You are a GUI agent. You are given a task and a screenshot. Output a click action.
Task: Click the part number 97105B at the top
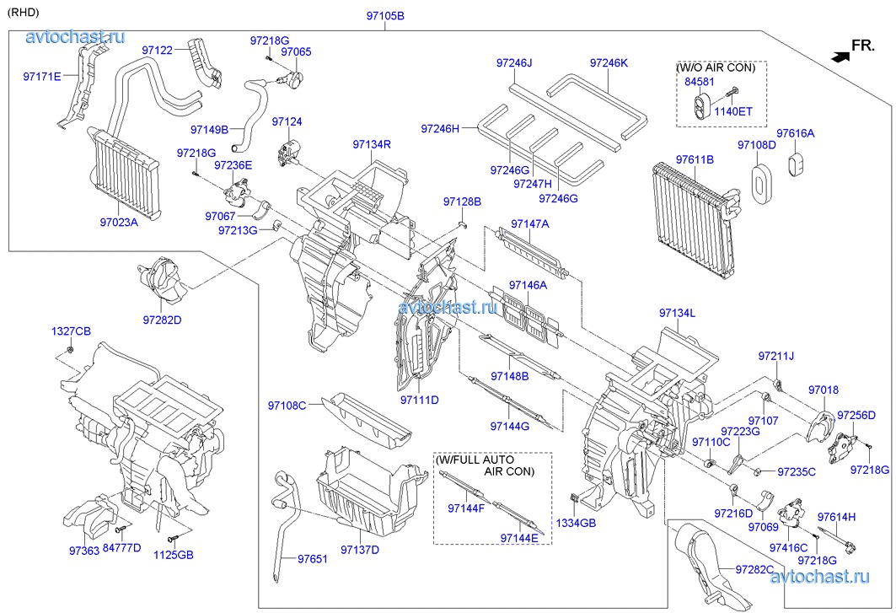click(x=385, y=16)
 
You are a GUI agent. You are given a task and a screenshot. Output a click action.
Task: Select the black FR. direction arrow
click(x=839, y=56)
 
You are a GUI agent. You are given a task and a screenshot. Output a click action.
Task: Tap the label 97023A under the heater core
click(x=118, y=223)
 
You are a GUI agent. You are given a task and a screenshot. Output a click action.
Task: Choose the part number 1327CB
click(x=71, y=330)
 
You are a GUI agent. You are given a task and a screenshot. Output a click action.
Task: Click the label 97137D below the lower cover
click(x=360, y=551)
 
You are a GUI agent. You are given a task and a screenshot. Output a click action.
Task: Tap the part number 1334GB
click(x=576, y=523)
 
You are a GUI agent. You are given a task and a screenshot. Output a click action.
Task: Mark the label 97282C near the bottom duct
click(x=754, y=570)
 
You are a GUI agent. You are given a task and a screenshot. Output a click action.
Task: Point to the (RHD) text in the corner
click(x=23, y=12)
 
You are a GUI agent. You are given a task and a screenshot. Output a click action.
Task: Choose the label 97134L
click(x=677, y=314)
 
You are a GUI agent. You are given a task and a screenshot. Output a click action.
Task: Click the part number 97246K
click(x=609, y=62)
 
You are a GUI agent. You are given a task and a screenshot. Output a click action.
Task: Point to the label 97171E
click(x=42, y=76)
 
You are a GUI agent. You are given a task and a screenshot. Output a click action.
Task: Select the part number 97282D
click(x=162, y=320)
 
